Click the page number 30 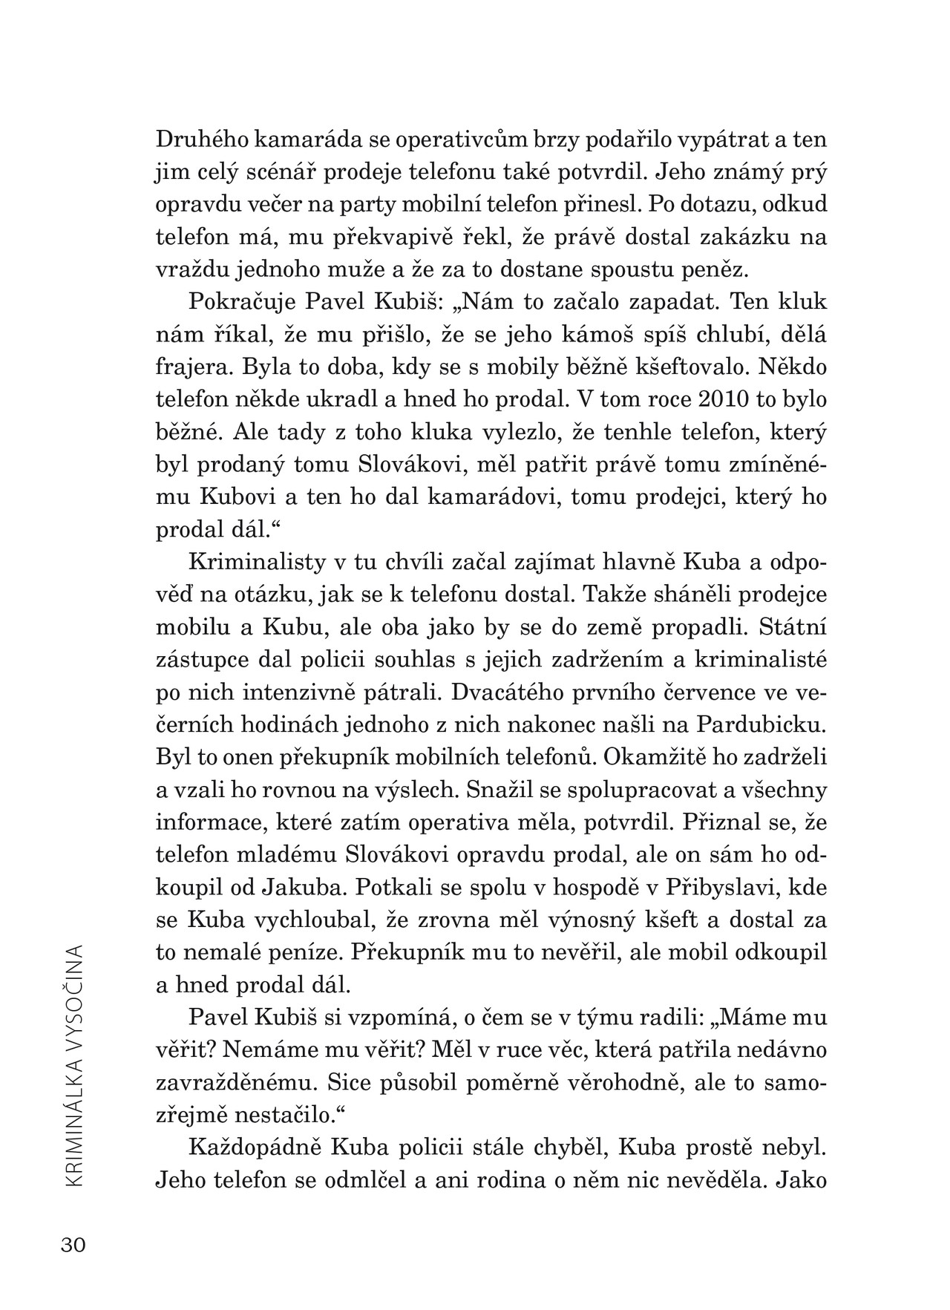coord(73,1245)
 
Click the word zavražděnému coord(233,1083)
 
